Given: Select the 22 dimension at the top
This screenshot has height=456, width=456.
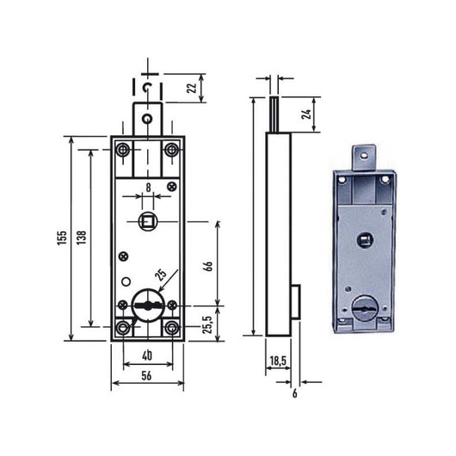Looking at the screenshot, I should click(x=192, y=85).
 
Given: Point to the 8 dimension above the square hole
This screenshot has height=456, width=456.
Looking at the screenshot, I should click(x=148, y=187).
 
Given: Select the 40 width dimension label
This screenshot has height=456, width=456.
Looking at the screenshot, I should click(x=147, y=357).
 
